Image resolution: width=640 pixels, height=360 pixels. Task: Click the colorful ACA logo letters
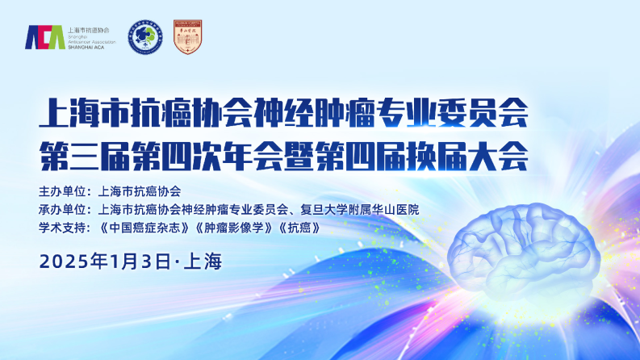click(45, 37)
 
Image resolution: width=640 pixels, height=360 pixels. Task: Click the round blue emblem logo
click(145, 37)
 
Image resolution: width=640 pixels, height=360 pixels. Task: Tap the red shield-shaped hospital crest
click(188, 37)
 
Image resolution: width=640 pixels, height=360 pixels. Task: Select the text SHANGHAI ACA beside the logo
click(86, 48)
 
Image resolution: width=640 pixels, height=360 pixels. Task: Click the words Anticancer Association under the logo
click(92, 42)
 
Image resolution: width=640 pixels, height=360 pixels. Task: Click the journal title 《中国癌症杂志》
click(144, 228)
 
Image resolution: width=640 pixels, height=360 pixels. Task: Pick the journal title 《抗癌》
click(299, 228)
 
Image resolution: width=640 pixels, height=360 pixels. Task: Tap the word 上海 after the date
click(203, 262)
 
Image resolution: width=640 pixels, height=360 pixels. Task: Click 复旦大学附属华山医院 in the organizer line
click(360, 209)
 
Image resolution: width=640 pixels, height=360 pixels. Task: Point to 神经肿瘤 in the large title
click(314, 113)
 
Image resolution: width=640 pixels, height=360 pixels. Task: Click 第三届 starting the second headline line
click(85, 156)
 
